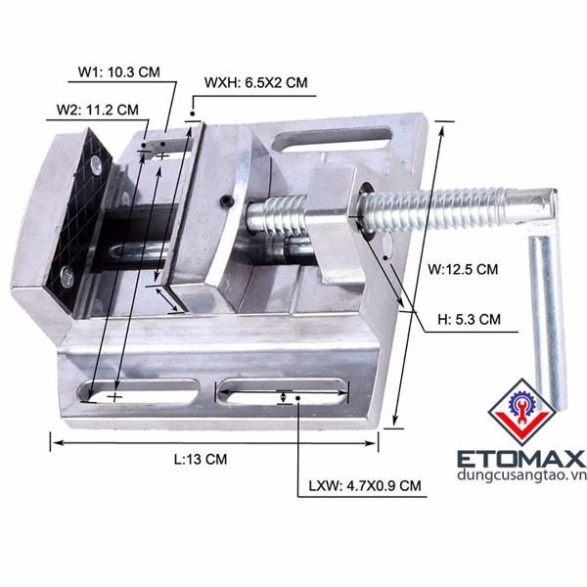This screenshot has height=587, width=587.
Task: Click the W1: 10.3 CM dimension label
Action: pyautogui.click(x=119, y=71)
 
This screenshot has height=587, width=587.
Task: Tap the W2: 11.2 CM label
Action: pyautogui.click(x=97, y=110)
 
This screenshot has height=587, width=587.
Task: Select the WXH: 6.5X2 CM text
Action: pyautogui.click(x=256, y=82)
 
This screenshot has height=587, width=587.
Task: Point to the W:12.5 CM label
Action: pyautogui.click(x=463, y=269)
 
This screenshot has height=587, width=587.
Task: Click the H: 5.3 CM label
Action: pyautogui.click(x=469, y=319)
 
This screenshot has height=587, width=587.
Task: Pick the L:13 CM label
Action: pyautogui.click(x=201, y=459)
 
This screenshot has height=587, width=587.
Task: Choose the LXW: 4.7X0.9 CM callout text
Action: pyautogui.click(x=365, y=485)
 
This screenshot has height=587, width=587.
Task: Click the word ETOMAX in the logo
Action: pyautogui.click(x=521, y=459)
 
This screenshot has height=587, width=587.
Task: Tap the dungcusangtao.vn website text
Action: pyautogui.click(x=521, y=475)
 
